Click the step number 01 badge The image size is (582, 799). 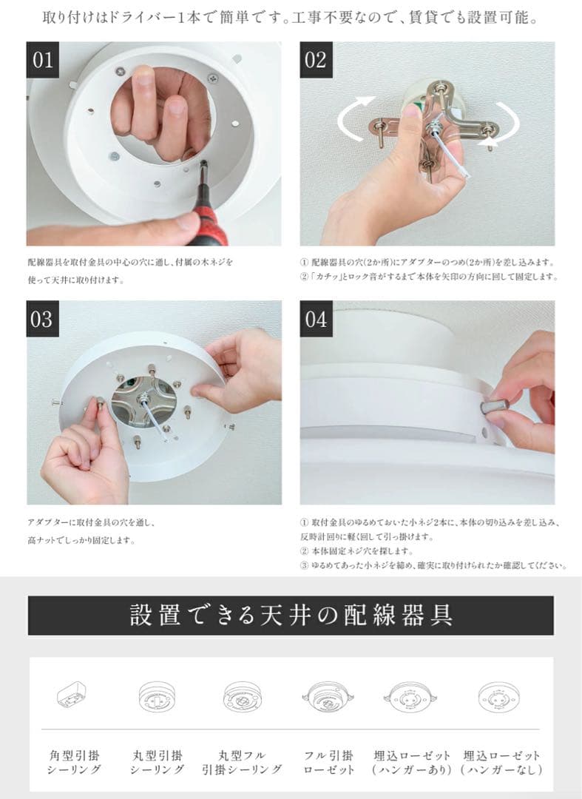(42, 60)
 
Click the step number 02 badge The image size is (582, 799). (316, 60)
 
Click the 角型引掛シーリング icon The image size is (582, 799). (72, 695)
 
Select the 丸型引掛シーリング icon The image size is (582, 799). (157, 697)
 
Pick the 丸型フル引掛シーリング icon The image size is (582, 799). (242, 697)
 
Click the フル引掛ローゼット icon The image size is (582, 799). (328, 697)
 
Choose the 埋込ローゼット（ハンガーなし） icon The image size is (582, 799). (498, 697)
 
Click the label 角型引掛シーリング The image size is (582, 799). (74, 762)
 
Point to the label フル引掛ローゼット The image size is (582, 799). (328, 762)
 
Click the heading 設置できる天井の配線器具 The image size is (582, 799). (291, 615)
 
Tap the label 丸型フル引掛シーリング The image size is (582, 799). (242, 762)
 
